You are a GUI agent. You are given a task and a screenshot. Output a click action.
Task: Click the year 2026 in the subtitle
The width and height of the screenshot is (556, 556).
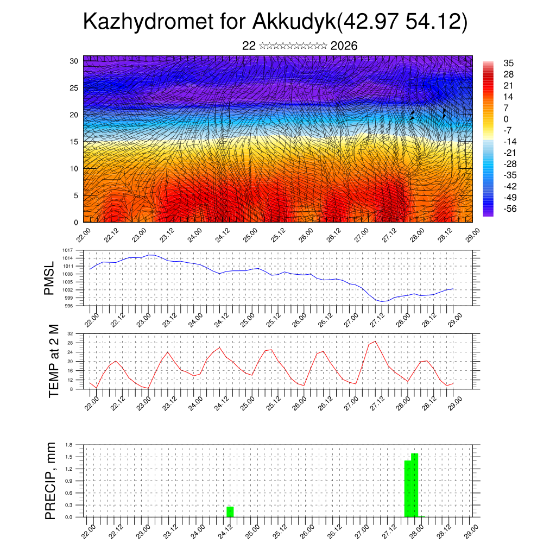pyautogui.click(x=344, y=46)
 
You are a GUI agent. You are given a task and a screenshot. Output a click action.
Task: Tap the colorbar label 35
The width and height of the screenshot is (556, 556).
pyautogui.click(x=509, y=63)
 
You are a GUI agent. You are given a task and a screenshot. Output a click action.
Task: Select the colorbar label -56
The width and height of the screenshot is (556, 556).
pyautogui.click(x=510, y=208)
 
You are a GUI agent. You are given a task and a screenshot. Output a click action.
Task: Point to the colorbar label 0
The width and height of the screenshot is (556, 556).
pyautogui.click(x=506, y=119)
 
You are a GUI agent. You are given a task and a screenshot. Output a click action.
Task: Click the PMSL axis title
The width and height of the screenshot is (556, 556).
pyautogui.click(x=49, y=278)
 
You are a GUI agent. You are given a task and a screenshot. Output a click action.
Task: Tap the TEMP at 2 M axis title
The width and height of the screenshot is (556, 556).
pyautogui.click(x=53, y=361)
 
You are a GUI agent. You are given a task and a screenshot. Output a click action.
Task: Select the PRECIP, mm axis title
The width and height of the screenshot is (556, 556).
pyautogui.click(x=50, y=481)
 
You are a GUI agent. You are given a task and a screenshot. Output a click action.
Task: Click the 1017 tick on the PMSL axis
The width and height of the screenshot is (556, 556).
pyautogui.click(x=68, y=250)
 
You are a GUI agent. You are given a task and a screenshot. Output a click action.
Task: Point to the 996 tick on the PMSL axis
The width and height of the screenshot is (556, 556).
pyautogui.click(x=69, y=306)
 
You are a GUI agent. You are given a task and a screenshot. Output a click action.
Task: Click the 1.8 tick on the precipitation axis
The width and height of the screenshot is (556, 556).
pyautogui.click(x=69, y=445)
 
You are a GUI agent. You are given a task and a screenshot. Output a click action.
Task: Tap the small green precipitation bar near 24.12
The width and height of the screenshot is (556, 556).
pyautogui.click(x=230, y=511)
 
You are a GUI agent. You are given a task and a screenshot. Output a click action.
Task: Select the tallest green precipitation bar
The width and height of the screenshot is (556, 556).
pyautogui.click(x=415, y=485)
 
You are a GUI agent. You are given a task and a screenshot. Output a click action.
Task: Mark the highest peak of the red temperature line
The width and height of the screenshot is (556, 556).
pyautogui.click(x=375, y=342)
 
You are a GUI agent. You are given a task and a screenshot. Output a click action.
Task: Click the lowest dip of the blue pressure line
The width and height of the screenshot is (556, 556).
pyautogui.click(x=382, y=301)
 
